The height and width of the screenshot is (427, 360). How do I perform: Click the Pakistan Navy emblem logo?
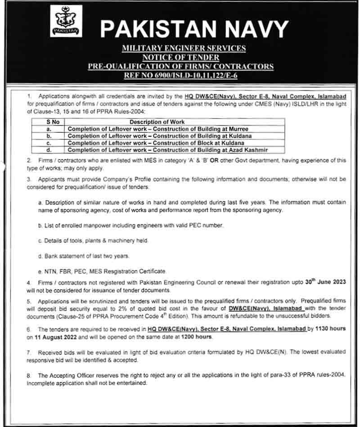click(66, 21)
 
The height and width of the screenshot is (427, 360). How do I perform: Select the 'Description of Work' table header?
click(157, 122)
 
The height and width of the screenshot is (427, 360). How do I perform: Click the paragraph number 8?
click(29, 375)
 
